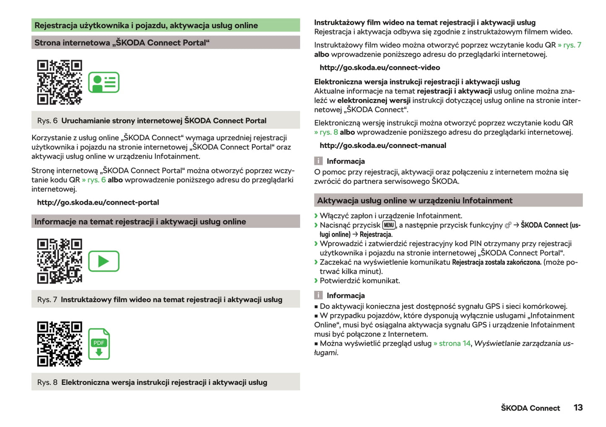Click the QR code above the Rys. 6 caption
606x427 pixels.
59,82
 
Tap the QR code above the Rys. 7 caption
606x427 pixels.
59,261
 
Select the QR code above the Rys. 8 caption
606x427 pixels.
59,344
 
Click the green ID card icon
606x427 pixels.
104,82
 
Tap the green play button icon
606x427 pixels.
104,261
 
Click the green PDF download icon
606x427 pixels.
99,344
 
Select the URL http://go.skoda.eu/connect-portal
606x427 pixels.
98,202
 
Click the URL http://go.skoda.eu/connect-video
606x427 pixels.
380,67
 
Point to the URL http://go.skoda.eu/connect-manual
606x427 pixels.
382,145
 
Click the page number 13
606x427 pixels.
578,408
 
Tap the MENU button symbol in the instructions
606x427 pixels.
389,225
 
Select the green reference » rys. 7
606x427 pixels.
569,45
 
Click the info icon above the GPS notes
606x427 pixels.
319,295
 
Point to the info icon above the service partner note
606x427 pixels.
319,161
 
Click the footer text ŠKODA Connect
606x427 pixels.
530,408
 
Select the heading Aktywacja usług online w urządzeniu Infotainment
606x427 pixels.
414,201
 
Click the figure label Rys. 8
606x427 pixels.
47,382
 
